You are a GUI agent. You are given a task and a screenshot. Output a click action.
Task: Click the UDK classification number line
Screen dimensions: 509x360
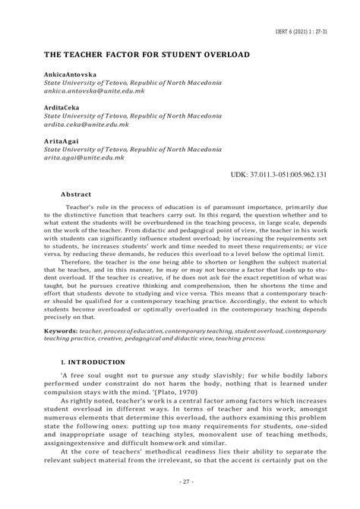[279, 175]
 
